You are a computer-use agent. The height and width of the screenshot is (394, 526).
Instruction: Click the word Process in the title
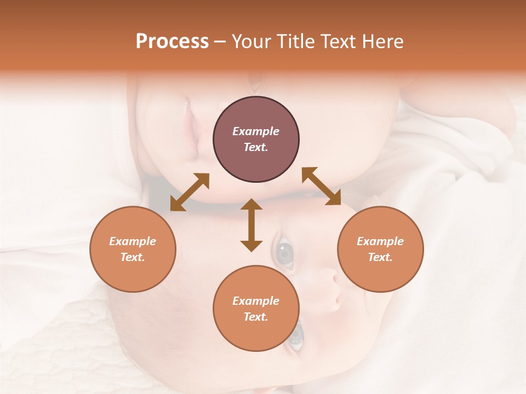(172, 42)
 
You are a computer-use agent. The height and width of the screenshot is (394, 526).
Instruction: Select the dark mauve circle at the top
(256, 140)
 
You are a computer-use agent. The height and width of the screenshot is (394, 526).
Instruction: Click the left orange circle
(133, 249)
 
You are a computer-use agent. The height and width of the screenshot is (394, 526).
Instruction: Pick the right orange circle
(380, 249)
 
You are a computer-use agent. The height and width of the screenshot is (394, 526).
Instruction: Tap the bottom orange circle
(256, 308)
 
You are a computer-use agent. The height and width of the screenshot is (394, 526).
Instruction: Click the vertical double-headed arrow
(251, 225)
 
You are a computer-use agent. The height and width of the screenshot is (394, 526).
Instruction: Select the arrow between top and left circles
(190, 192)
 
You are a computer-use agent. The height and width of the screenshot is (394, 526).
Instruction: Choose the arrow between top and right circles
(322, 187)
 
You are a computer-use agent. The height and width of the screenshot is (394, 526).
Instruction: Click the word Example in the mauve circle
(256, 131)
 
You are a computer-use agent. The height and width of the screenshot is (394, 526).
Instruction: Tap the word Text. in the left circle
(133, 257)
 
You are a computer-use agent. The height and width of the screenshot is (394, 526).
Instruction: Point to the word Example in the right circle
(380, 241)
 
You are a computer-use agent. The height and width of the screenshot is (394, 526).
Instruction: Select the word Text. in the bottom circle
(256, 317)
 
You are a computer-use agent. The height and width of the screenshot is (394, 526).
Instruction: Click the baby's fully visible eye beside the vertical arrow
(284, 252)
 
